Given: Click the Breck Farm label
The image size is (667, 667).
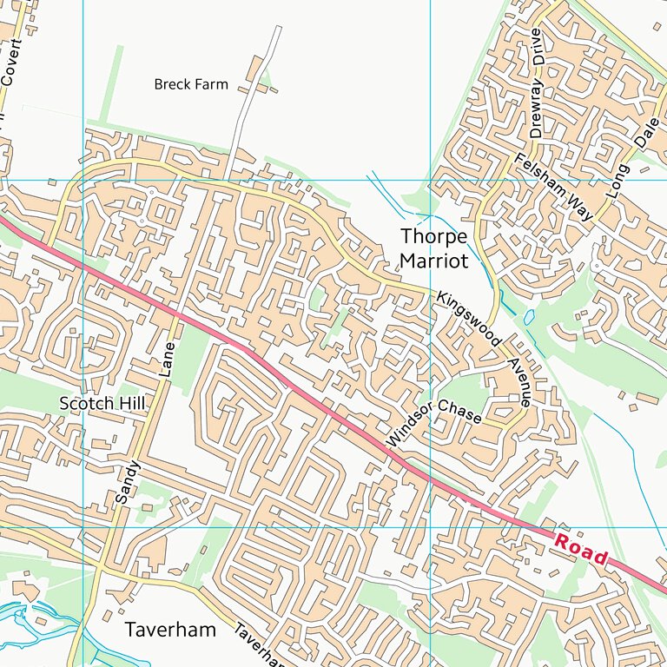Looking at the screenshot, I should point(191,84).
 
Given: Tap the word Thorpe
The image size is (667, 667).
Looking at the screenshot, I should point(433,236).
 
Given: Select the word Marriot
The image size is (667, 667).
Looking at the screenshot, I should point(433,261).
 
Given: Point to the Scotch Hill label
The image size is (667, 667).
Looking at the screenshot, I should point(102,403).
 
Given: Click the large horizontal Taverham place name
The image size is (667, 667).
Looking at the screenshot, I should point(170,630).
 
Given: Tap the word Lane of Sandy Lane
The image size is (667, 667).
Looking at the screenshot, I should point(168,359).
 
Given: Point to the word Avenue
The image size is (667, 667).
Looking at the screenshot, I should point(518,383).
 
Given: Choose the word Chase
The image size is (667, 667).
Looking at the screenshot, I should point(459,411).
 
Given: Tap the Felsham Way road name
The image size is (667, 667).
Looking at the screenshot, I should point(551,187).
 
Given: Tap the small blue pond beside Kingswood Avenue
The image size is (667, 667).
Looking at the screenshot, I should point(529,319).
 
